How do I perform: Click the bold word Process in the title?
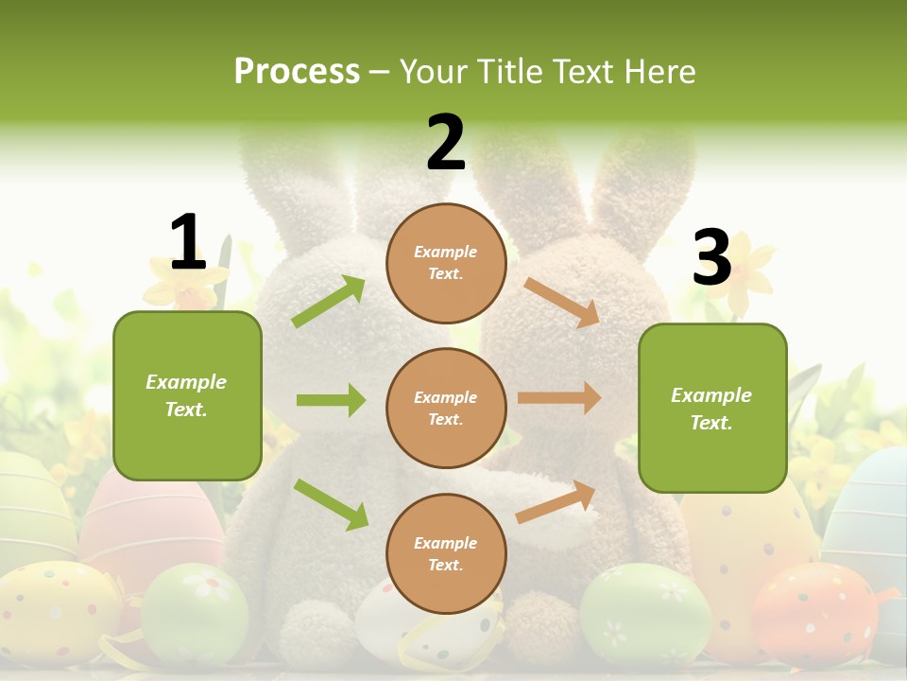(297, 71)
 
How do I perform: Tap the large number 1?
(187, 242)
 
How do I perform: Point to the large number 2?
(446, 143)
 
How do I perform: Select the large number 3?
(711, 257)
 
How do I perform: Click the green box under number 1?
(187, 395)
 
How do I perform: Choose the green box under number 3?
(712, 408)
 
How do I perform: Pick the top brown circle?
(446, 263)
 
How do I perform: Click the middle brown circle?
(446, 408)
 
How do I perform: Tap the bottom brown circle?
(446, 553)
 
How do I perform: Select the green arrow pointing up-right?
(329, 302)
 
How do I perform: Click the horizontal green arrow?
(331, 400)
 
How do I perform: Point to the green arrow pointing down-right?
(331, 504)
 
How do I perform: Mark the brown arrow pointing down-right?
(562, 302)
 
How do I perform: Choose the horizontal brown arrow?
(559, 398)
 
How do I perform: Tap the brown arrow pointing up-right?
(556, 502)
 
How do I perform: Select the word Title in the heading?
(510, 71)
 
